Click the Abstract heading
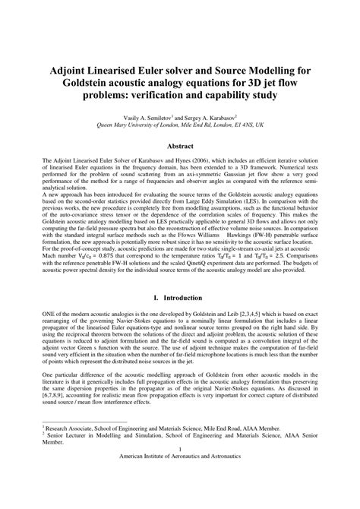[x=179, y=144]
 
